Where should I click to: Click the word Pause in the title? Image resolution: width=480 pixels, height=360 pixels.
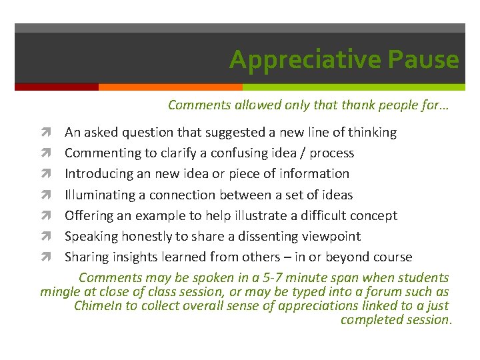pos(425,60)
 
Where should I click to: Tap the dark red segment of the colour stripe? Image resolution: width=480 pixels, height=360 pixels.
pos(57,87)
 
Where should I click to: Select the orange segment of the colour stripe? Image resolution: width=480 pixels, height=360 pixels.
pos(170,87)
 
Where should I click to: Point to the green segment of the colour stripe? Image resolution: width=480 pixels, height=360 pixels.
pos(353,87)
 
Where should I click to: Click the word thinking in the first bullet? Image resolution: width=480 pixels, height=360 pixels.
pos(370,132)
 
